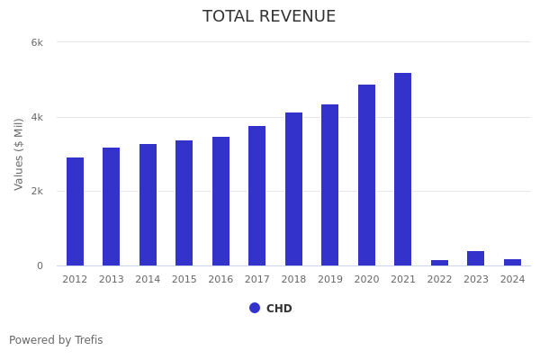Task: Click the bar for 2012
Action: pyautogui.click(x=75, y=211)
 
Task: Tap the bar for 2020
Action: pyautogui.click(x=366, y=175)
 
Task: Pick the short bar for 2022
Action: pyautogui.click(x=439, y=263)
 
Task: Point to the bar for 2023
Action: pyautogui.click(x=475, y=258)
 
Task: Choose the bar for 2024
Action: pyautogui.click(x=512, y=262)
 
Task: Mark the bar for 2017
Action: pyautogui.click(x=257, y=196)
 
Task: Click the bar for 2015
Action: pyautogui.click(x=184, y=203)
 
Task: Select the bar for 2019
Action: pyautogui.click(x=330, y=185)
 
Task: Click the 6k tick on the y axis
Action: pyautogui.click(x=37, y=42)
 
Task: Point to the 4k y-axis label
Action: pyautogui.click(x=37, y=117)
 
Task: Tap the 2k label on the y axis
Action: pyautogui.click(x=37, y=192)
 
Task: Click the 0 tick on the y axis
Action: pyautogui.click(x=40, y=266)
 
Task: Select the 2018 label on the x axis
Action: pyautogui.click(x=293, y=280)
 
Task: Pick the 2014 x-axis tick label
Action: pyautogui.click(x=148, y=280)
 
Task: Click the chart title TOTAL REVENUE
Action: pyautogui.click(x=269, y=17)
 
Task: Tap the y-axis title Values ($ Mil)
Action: pyautogui.click(x=19, y=154)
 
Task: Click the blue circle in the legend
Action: pyautogui.click(x=255, y=308)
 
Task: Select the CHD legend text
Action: pyautogui.click(x=279, y=309)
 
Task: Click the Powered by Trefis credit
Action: pyautogui.click(x=56, y=340)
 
